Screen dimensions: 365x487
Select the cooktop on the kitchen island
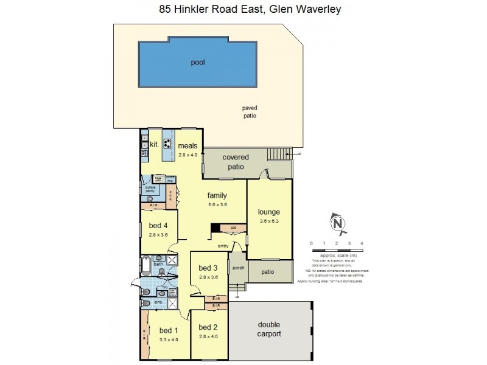[167, 144]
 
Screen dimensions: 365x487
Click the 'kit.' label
[154, 144]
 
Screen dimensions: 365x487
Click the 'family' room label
[217, 195]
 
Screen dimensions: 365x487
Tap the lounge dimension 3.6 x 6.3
[268, 221]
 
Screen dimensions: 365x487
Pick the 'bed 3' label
[208, 268]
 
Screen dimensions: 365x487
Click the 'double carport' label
[268, 329]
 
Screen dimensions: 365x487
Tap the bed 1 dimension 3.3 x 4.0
[168, 339]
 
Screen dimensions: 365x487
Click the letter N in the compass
[335, 224]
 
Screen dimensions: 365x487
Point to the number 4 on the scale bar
[362, 243]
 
